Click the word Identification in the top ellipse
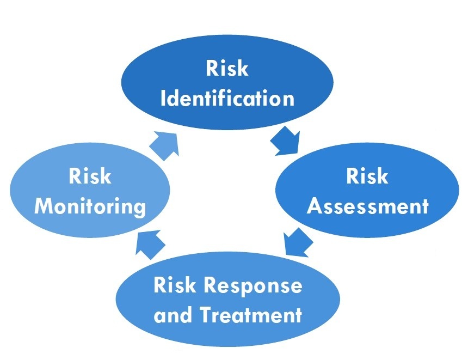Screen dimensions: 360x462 click(227, 99)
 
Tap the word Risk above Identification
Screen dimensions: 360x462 click(227, 69)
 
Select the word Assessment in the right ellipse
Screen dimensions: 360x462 click(368, 206)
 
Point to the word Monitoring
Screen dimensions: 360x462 click(90, 207)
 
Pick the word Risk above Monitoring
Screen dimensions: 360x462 click(90, 177)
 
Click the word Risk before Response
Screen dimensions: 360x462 click(174, 285)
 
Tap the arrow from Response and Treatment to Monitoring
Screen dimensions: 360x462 click(151, 242)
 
